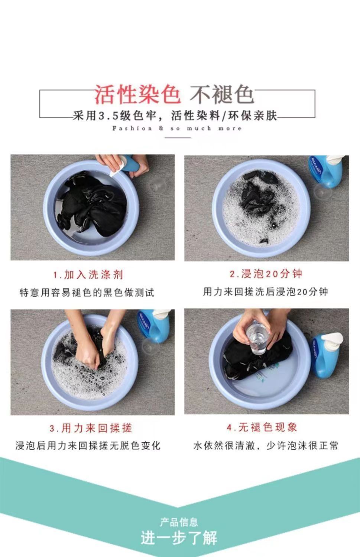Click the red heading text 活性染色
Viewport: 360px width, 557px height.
[137, 94]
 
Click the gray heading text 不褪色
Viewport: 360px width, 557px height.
[222, 94]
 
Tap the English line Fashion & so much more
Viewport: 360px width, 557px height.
[177, 128]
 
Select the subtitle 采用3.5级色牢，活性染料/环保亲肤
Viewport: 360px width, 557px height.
[175, 115]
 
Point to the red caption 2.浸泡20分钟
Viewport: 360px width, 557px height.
[266, 274]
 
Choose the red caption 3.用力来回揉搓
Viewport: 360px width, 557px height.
[91, 428]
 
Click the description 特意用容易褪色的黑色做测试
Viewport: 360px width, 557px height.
[87, 293]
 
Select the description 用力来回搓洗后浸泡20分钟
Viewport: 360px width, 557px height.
[266, 291]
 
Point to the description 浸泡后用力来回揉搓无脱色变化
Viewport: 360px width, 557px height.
[88, 446]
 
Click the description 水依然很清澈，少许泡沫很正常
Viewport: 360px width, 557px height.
[266, 445]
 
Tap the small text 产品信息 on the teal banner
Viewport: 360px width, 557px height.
[179, 522]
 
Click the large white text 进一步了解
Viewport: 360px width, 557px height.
[179, 538]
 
